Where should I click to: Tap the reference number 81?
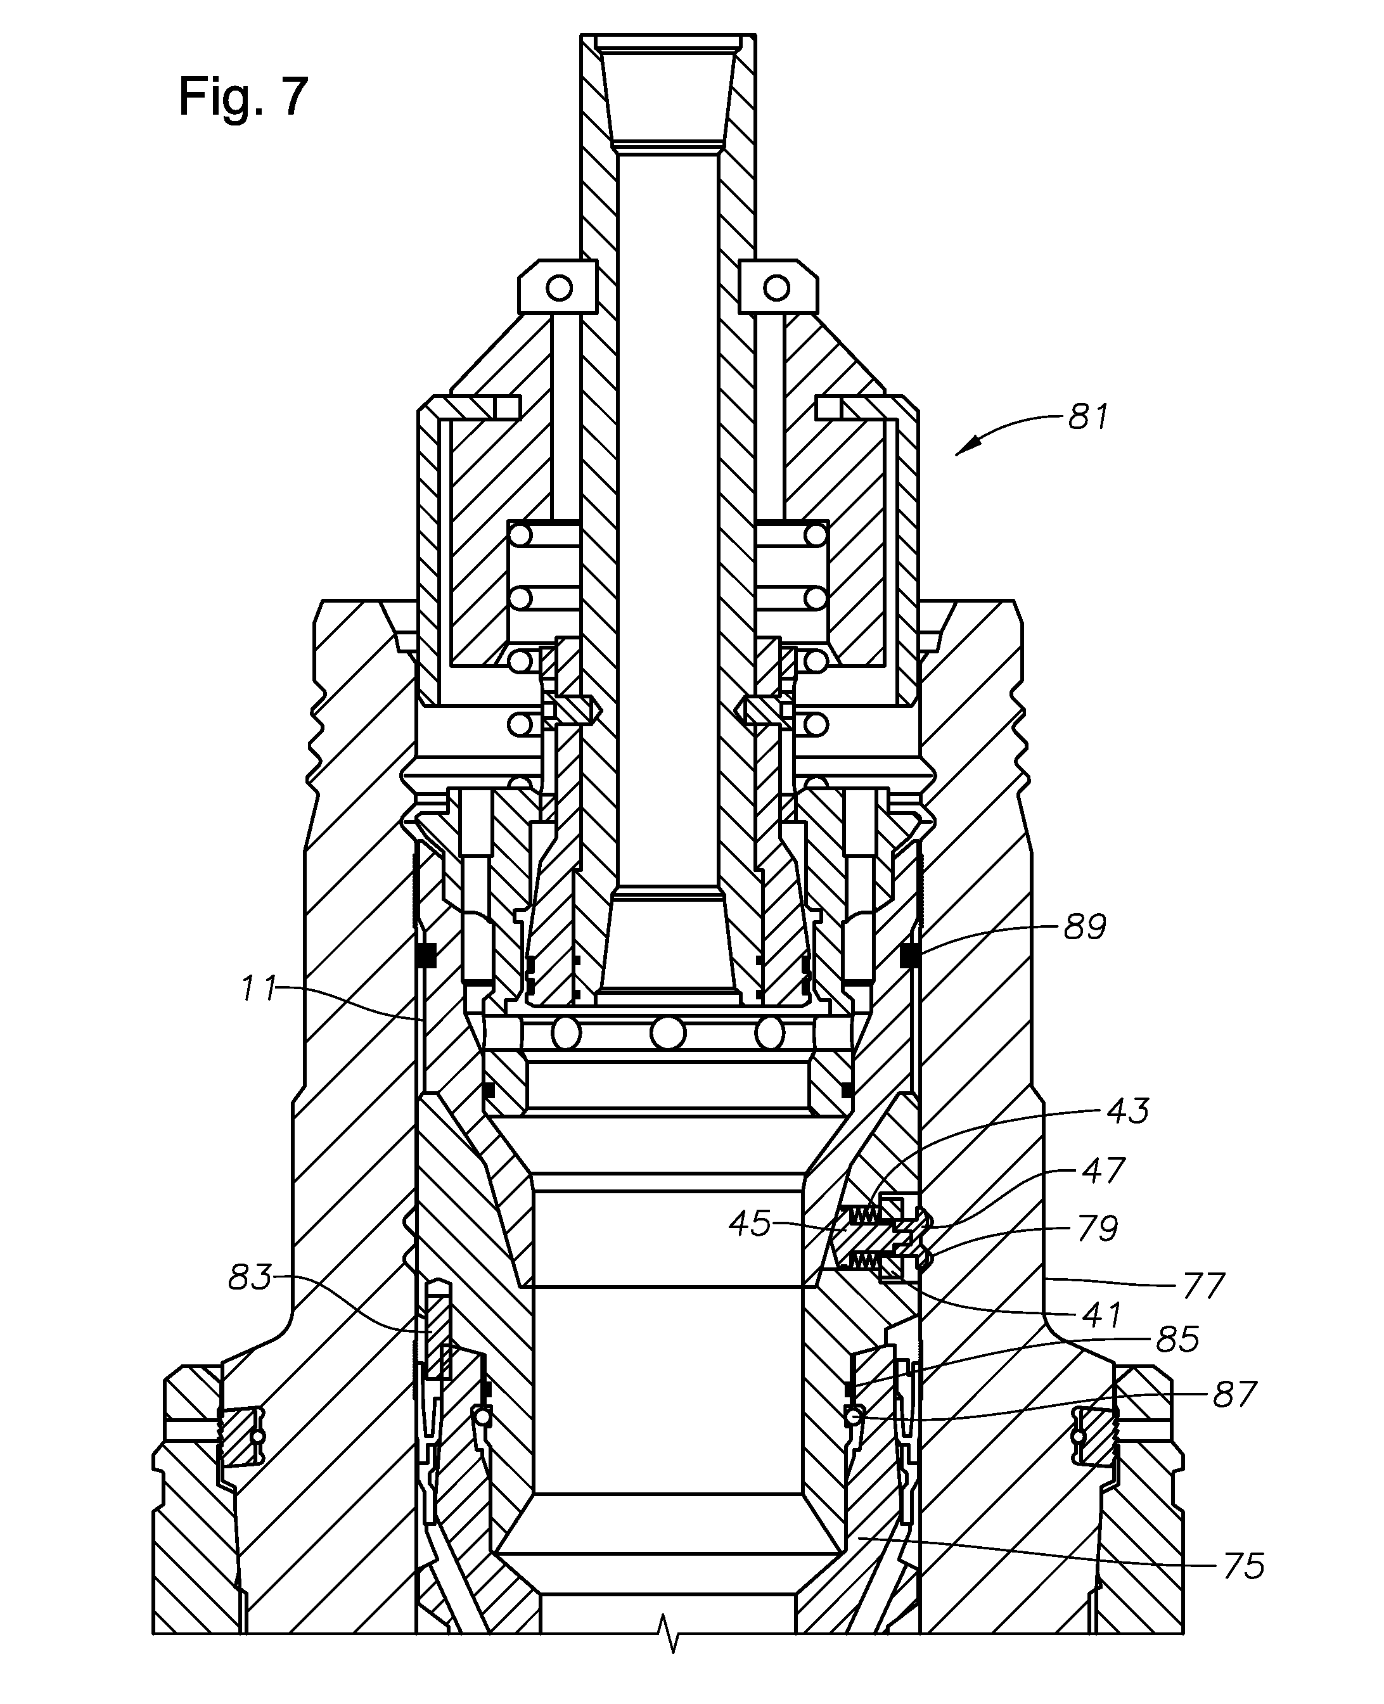(1087, 417)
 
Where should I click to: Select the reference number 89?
(1084, 927)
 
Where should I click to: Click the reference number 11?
(259, 990)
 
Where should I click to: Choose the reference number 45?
(750, 1224)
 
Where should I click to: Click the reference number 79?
(1096, 1228)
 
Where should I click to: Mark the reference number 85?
(1177, 1340)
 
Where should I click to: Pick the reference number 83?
(250, 1278)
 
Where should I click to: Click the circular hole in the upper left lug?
(560, 287)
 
